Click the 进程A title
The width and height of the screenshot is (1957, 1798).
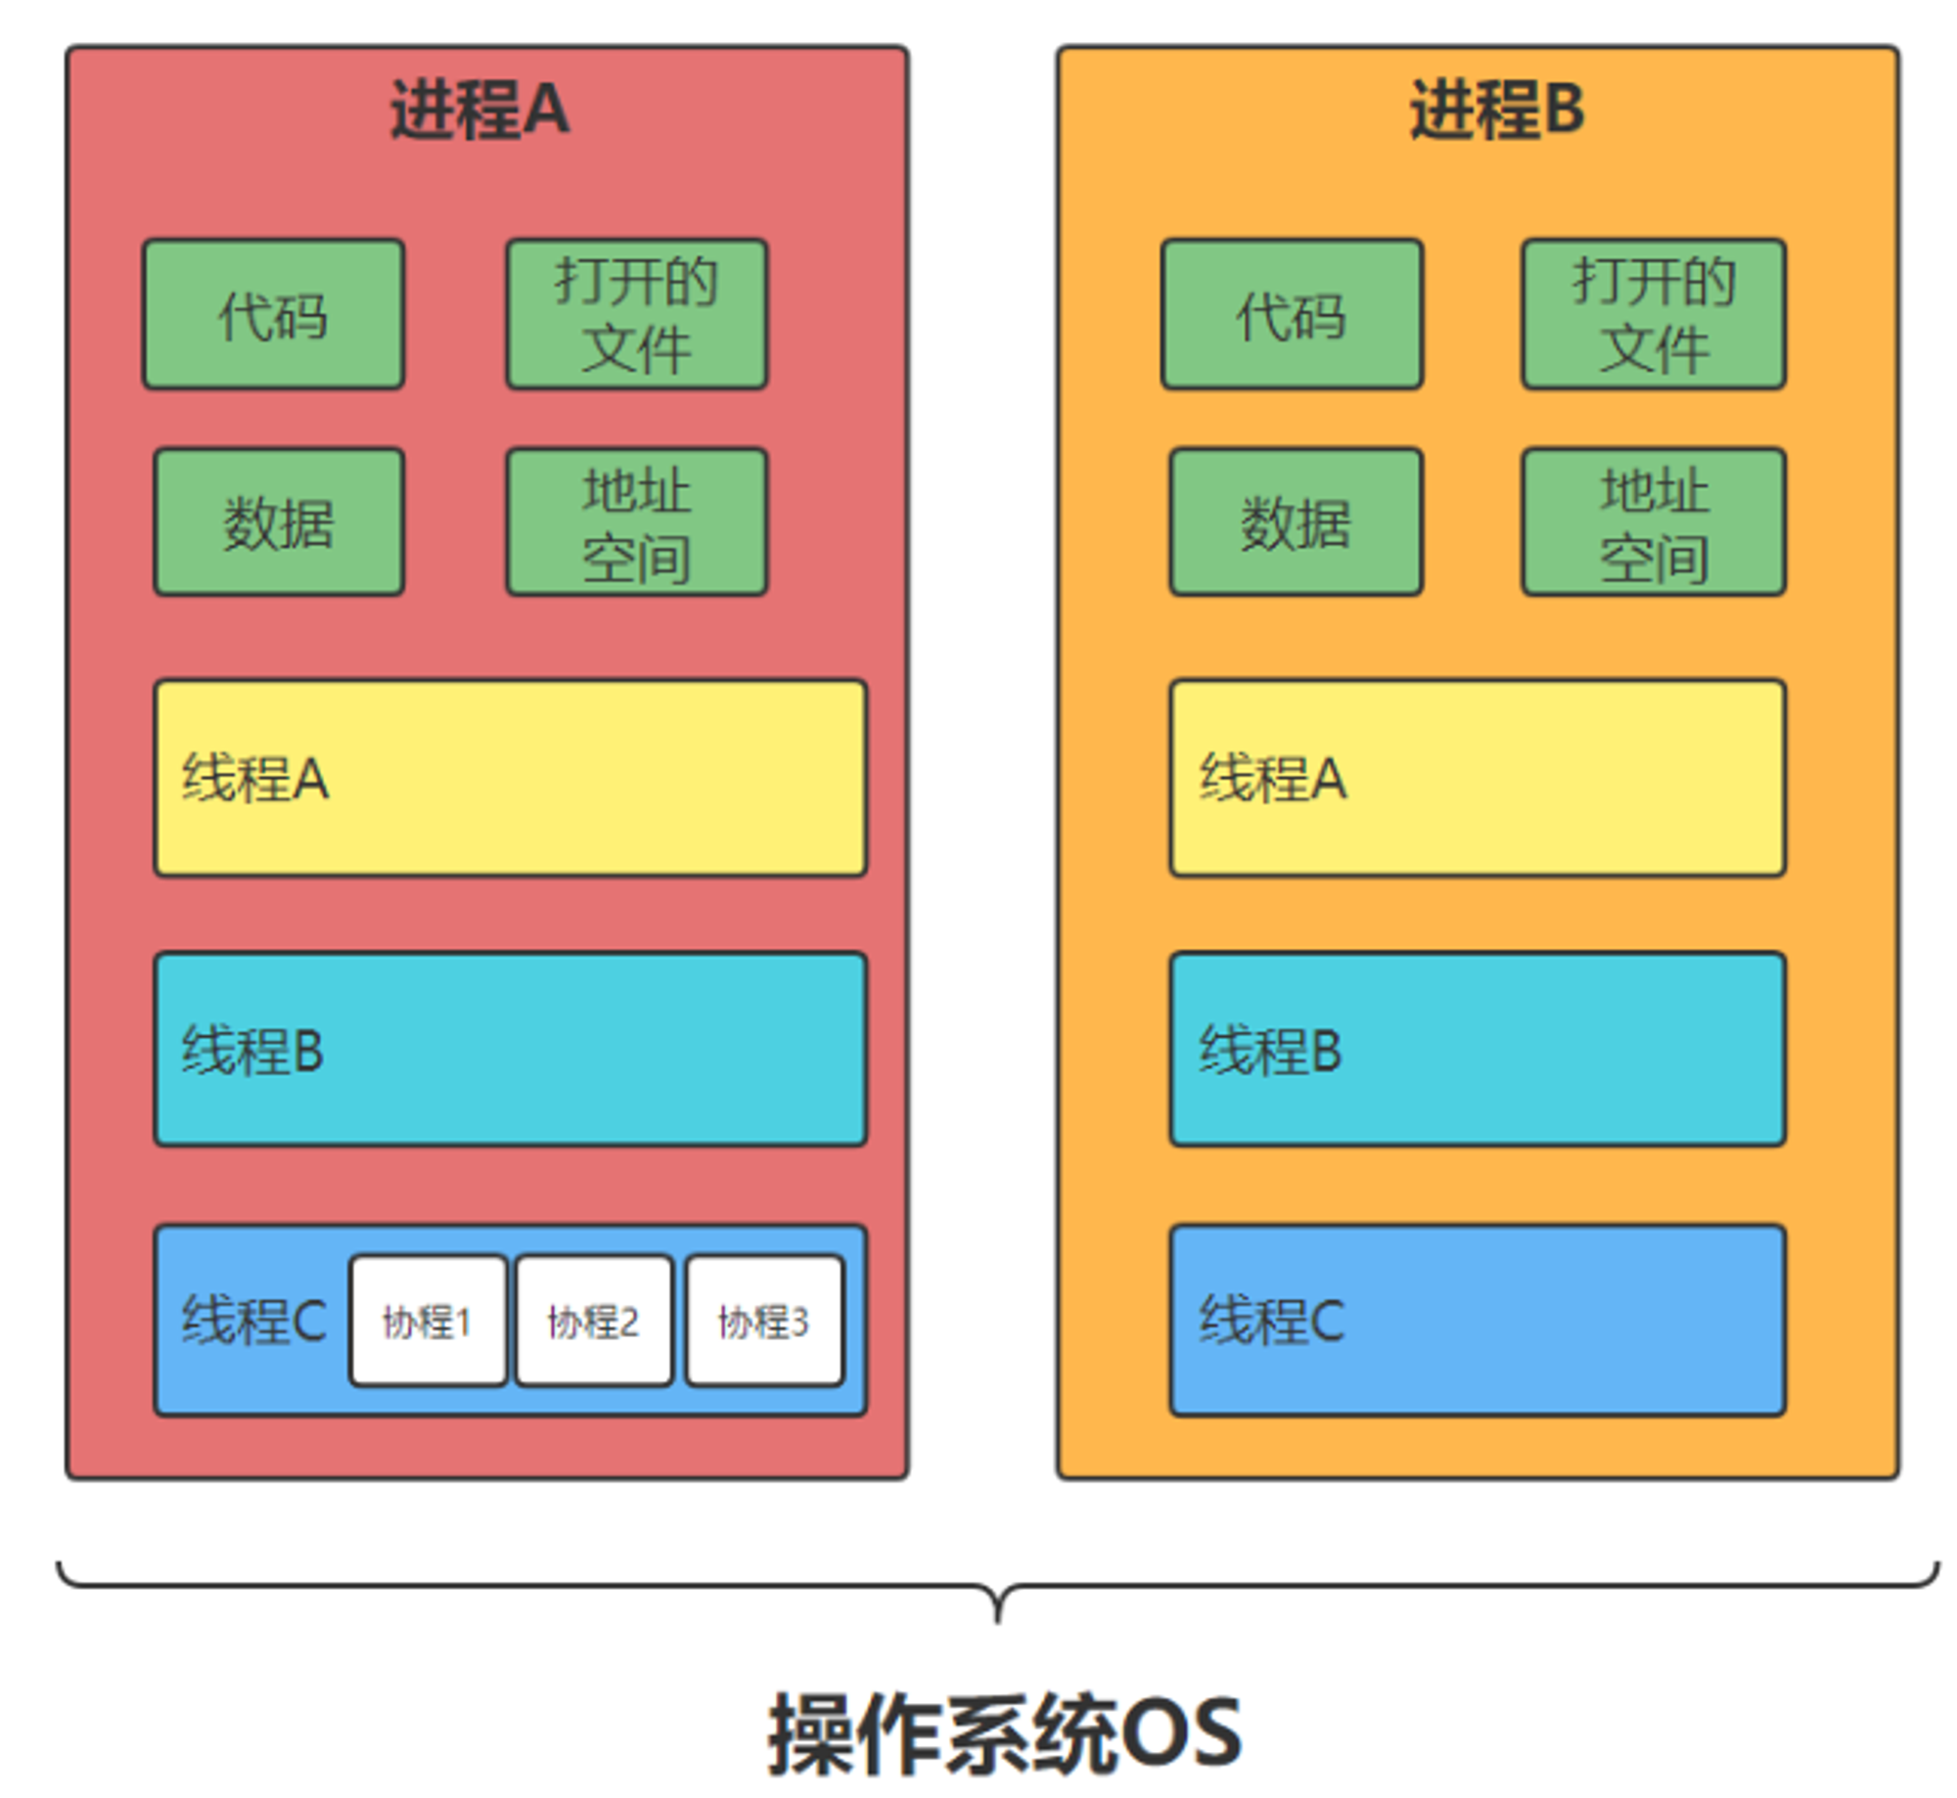479,110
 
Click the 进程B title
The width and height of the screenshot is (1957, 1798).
1496,110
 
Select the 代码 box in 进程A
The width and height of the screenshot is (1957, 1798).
273,315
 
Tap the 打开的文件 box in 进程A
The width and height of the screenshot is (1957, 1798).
636,315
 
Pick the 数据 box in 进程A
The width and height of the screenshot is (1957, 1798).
279,522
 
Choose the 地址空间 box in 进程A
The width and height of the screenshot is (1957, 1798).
636,522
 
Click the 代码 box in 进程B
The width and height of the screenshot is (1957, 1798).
1292,315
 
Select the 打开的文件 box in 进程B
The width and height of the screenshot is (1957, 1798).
1654,315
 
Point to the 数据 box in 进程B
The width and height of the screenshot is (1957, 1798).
1296,522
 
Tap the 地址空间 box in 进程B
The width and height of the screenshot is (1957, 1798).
1654,522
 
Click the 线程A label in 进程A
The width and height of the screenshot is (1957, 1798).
254,779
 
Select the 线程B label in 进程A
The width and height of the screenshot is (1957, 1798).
252,1051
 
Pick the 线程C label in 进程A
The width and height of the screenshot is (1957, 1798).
253,1321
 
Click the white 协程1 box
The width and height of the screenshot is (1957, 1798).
428,1322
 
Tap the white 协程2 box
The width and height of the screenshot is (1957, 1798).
594,1322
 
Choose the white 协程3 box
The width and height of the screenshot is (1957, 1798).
764,1322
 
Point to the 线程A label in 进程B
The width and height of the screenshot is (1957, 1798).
1273,779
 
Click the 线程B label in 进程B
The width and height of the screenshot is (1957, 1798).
1270,1051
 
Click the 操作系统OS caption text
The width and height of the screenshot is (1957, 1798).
1004,1733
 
